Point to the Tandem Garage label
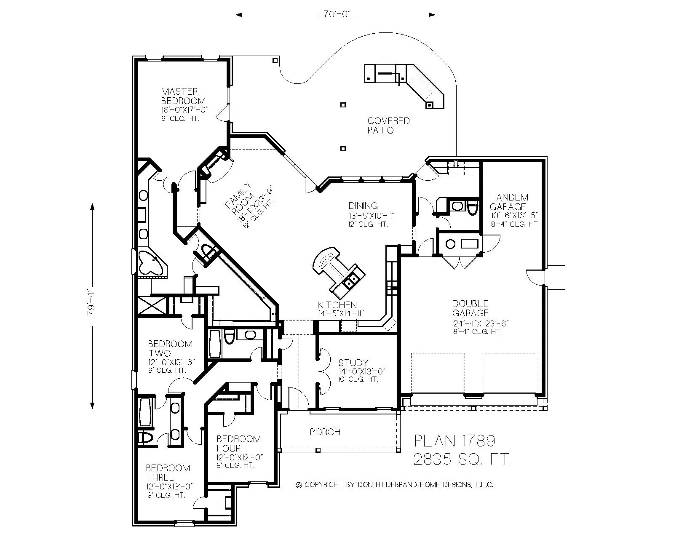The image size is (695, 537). (509, 202)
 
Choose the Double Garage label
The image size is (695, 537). (470, 308)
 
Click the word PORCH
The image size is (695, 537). (325, 432)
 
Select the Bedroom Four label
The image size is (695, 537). (238, 443)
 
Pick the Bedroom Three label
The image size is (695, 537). (168, 473)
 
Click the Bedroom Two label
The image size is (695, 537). (170, 348)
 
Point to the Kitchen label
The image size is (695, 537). (337, 305)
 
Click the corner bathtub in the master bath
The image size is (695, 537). (150, 263)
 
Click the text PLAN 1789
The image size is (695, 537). (454, 441)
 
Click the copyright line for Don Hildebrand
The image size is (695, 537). (395, 485)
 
